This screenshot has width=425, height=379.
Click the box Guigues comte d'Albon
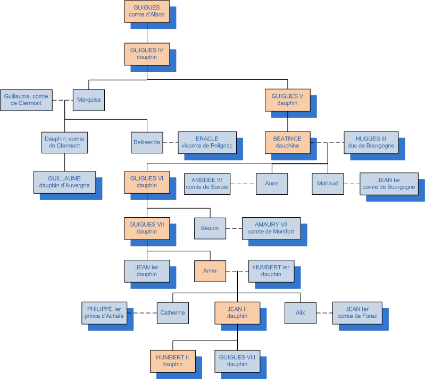[147, 11]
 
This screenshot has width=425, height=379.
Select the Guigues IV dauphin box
[147, 54]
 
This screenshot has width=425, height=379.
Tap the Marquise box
[88, 100]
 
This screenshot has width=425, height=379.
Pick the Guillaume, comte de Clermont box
[26, 100]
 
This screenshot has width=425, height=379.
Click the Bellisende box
[146, 142]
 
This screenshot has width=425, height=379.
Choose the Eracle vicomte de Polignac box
[207, 142]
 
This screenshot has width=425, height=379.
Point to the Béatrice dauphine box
[287, 142]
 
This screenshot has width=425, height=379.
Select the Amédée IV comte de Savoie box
[207, 184]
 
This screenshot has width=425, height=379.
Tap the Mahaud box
[328, 184]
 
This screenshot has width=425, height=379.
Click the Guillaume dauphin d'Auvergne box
[64, 182]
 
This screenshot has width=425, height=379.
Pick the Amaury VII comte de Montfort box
[271, 228]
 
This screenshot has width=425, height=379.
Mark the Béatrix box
[210, 228]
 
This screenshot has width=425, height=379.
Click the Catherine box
[172, 312]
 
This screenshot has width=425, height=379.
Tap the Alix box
[301, 312]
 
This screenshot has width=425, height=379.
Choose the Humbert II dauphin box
[173, 361]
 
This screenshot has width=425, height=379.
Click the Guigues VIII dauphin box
[237, 361]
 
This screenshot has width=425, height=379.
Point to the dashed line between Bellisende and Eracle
[170, 143]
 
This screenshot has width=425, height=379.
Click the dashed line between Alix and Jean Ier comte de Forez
[324, 313]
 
